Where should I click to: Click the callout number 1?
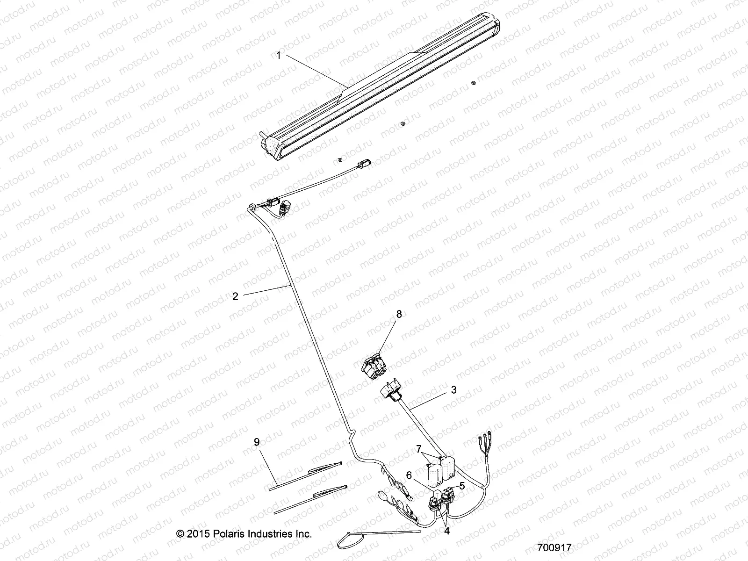click(279, 56)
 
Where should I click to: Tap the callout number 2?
click(235, 296)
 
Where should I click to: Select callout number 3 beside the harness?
click(454, 390)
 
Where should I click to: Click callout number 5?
click(462, 486)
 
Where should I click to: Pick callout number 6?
click(409, 475)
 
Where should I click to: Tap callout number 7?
click(418, 449)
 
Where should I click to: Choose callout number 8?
click(399, 314)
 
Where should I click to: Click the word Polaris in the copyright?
click(229, 533)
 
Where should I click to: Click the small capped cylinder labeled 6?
click(437, 495)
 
